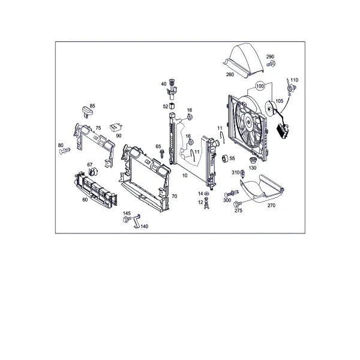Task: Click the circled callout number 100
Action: pos(260,86)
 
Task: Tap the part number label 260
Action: pos(230,74)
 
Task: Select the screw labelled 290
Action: pos(272,64)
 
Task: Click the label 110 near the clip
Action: pos(295,80)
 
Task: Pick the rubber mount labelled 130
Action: pos(253,160)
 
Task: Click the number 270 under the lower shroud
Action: pos(271,205)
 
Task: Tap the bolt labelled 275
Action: pos(237,204)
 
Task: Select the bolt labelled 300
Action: pos(232,194)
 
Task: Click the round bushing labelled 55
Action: pos(224,158)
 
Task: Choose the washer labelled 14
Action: pos(206,193)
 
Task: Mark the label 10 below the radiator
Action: pos(185,175)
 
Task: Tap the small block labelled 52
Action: pos(172,106)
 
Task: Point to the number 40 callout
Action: pos(163,84)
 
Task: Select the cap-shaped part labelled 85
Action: pos(87,112)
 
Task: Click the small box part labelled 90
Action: pos(115,127)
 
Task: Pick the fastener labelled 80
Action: pos(65,151)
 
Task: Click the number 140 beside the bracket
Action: pos(144,226)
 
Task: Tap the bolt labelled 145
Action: pos(127,219)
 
